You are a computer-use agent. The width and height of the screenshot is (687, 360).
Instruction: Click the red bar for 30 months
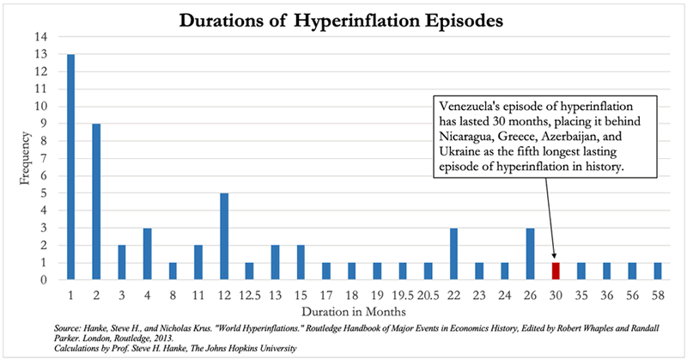[555, 271]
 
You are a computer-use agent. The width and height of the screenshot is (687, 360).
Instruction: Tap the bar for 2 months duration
[96, 202]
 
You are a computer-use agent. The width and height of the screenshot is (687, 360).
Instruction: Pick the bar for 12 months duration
[223, 236]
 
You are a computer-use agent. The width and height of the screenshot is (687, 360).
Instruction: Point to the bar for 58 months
[657, 271]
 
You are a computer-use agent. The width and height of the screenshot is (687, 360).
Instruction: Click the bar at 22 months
[453, 253]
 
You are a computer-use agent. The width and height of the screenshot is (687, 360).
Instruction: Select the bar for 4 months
[147, 253]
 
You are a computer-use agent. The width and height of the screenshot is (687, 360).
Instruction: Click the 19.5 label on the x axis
[402, 292]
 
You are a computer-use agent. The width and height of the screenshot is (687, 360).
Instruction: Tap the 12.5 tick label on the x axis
[249, 292]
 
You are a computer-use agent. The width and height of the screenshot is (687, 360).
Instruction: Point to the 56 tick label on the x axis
[631, 292]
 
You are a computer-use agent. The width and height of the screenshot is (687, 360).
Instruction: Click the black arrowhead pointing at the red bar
[555, 256]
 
